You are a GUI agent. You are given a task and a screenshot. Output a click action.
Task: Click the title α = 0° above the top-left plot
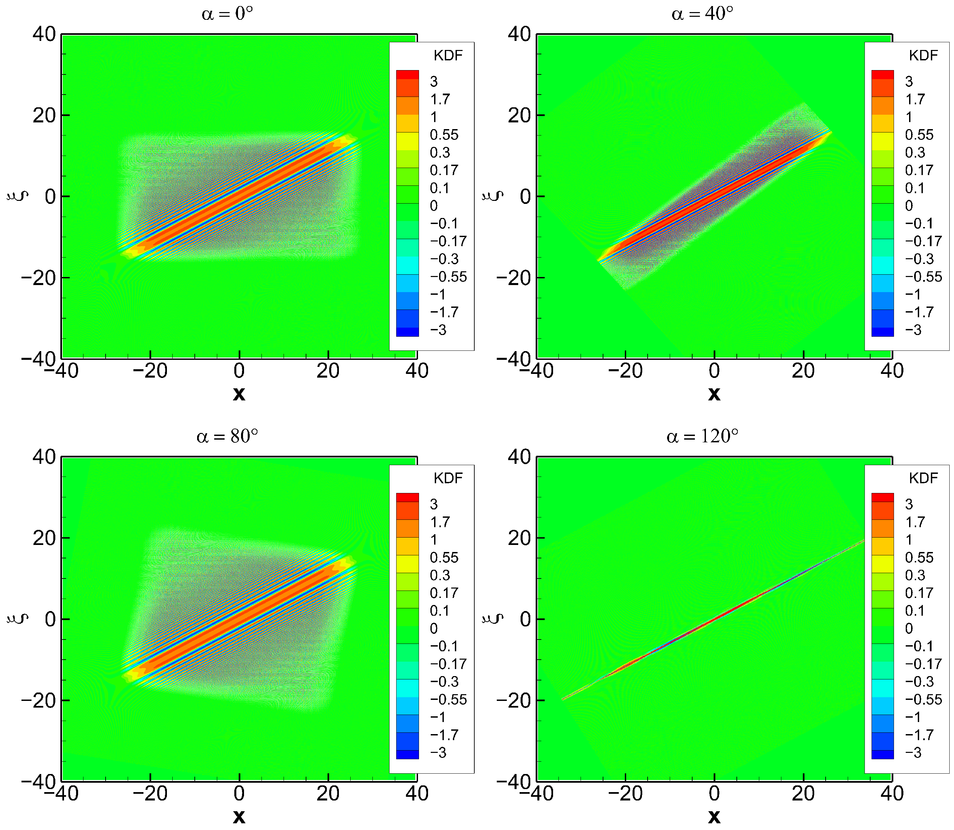click(x=227, y=14)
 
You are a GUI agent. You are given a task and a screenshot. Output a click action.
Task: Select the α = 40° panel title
click(x=702, y=14)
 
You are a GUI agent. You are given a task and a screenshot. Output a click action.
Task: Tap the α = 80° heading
click(x=227, y=436)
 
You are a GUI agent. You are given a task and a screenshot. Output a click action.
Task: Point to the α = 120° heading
click(x=702, y=436)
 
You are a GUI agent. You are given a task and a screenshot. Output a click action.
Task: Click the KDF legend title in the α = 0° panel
click(x=448, y=56)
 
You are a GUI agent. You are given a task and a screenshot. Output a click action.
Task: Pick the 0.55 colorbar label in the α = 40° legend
click(x=919, y=135)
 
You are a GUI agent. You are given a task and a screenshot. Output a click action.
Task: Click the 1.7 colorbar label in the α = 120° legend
click(x=915, y=522)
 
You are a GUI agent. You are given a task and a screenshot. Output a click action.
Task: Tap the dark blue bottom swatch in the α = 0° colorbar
click(x=407, y=332)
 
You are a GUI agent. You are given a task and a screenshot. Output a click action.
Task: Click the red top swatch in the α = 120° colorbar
click(x=882, y=497)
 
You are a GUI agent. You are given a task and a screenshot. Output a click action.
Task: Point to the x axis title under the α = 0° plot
click(x=239, y=394)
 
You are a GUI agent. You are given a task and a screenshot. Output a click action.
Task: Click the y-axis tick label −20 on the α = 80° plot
click(x=39, y=700)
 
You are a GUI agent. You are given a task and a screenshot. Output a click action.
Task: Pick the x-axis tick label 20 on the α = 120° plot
click(x=803, y=794)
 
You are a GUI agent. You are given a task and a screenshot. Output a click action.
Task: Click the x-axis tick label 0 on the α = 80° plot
click(x=239, y=794)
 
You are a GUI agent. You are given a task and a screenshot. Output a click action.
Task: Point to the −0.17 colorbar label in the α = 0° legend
click(x=448, y=241)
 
